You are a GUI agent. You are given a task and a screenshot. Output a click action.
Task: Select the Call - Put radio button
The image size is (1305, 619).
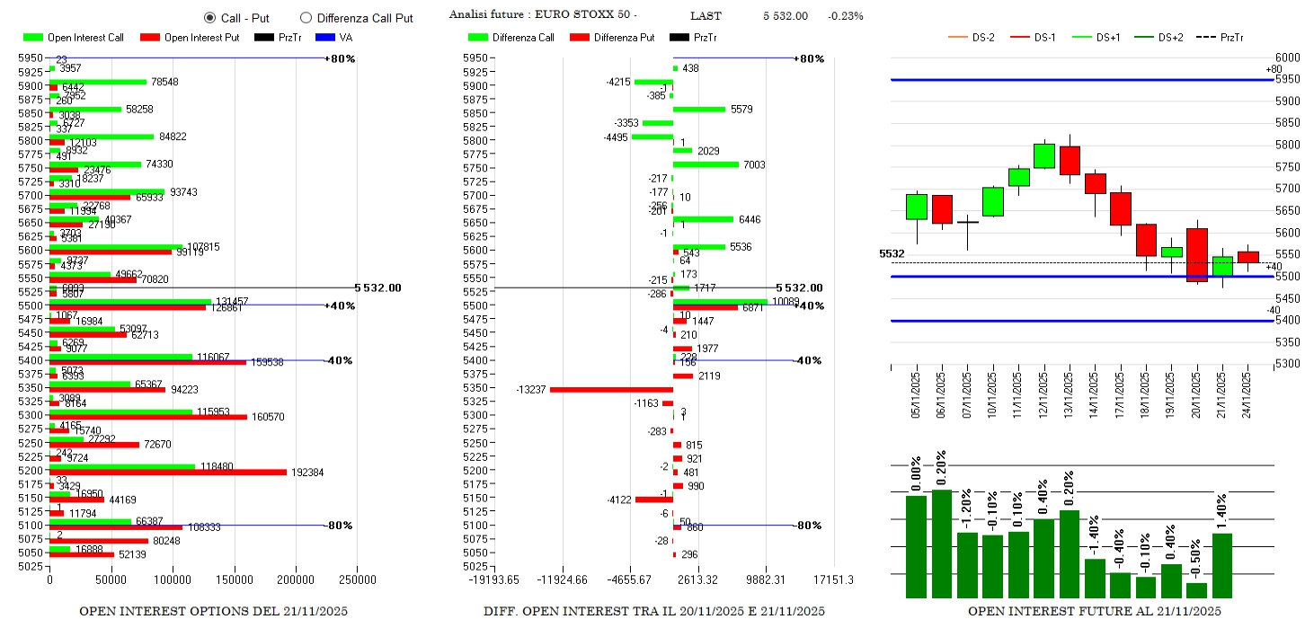[x=210, y=17]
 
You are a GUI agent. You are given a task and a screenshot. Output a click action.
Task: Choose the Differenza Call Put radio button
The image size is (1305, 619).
[x=306, y=17]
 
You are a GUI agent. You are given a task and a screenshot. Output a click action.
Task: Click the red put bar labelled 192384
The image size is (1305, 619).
[x=167, y=472]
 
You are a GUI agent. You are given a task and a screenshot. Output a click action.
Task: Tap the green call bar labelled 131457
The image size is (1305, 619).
[x=129, y=302]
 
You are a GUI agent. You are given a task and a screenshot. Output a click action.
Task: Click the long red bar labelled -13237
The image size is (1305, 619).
[x=611, y=389]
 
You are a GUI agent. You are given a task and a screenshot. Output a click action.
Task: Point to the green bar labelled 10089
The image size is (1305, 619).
[x=720, y=302]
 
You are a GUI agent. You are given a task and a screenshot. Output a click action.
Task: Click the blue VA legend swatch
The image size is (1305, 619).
[x=324, y=38]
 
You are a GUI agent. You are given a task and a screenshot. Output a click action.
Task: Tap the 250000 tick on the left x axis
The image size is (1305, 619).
[x=357, y=580]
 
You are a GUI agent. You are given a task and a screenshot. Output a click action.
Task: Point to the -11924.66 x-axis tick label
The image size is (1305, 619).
[x=562, y=580]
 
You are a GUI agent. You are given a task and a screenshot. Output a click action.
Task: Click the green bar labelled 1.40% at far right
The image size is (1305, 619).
[x=1222, y=565]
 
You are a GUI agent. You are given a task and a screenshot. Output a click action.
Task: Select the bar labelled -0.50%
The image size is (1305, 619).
[x=1196, y=590]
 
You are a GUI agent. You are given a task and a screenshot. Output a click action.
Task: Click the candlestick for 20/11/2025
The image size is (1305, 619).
[x=1197, y=255]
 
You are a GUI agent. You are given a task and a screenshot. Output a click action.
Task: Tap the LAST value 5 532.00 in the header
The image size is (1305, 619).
[x=785, y=16]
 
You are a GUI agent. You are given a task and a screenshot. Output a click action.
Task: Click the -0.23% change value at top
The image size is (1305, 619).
[x=846, y=16]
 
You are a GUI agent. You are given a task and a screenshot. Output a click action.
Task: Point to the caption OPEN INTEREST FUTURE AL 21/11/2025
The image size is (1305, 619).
[x=1095, y=611]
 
